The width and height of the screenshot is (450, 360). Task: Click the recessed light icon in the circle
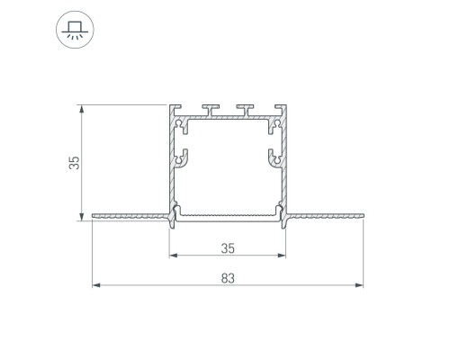75,30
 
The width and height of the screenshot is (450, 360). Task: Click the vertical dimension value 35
74,163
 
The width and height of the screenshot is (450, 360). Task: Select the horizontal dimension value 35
228,248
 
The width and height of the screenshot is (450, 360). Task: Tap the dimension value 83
228,278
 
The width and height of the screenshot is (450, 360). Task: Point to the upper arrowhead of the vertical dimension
81,109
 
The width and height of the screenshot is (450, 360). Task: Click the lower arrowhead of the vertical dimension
81,217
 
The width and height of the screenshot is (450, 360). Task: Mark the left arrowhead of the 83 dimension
96,285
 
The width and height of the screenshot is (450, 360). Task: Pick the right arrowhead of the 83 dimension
359,285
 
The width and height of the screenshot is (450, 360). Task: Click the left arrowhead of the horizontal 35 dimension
174,256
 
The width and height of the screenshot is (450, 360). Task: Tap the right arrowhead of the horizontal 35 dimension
282,256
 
